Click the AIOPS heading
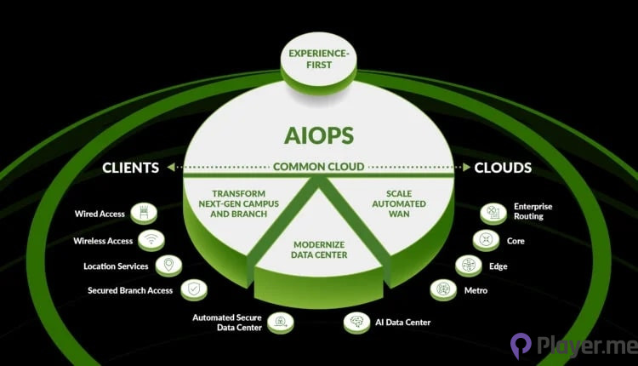(x=318, y=136)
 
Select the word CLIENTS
(x=131, y=168)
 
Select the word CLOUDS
(x=504, y=168)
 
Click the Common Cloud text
(x=318, y=168)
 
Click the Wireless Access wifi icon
(x=151, y=241)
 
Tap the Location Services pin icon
(x=168, y=266)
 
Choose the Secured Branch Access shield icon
(x=194, y=290)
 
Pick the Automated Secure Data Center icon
(x=281, y=322)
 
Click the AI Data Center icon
(x=356, y=322)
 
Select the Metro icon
(x=442, y=290)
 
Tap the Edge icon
(x=467, y=266)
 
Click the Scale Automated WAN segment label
(x=398, y=203)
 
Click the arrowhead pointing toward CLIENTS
(x=172, y=168)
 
